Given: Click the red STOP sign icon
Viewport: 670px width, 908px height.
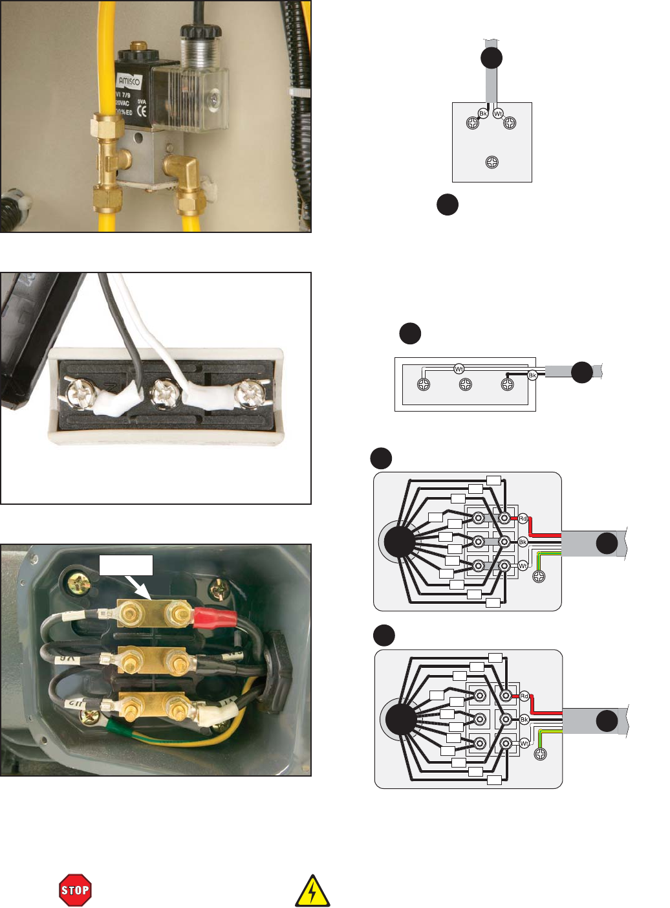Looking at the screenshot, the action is click(75, 890).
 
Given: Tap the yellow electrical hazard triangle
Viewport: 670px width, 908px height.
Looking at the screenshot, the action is click(312, 891).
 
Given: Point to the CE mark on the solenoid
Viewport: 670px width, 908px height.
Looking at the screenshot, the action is click(142, 111).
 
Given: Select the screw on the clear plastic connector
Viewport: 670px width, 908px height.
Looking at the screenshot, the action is click(213, 100).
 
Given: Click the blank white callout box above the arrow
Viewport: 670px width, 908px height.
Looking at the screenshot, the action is click(126, 564).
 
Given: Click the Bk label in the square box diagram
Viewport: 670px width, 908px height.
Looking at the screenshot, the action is click(483, 113).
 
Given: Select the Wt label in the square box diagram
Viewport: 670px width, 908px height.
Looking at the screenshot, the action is click(498, 113).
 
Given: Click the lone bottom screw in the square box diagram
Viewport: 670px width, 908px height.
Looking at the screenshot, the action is click(492, 162).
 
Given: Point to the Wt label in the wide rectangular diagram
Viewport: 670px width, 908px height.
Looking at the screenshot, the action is click(459, 369).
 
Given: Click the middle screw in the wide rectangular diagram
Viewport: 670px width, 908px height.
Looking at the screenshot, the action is click(466, 385).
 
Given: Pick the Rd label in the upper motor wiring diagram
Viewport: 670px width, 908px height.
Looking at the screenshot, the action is click(523, 518).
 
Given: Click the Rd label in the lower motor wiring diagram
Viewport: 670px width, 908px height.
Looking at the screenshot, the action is click(524, 696).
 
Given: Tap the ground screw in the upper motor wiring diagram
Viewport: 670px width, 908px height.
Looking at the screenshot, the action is click(539, 576).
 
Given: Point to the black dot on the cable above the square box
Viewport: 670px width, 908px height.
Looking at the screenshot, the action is click(492, 58).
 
